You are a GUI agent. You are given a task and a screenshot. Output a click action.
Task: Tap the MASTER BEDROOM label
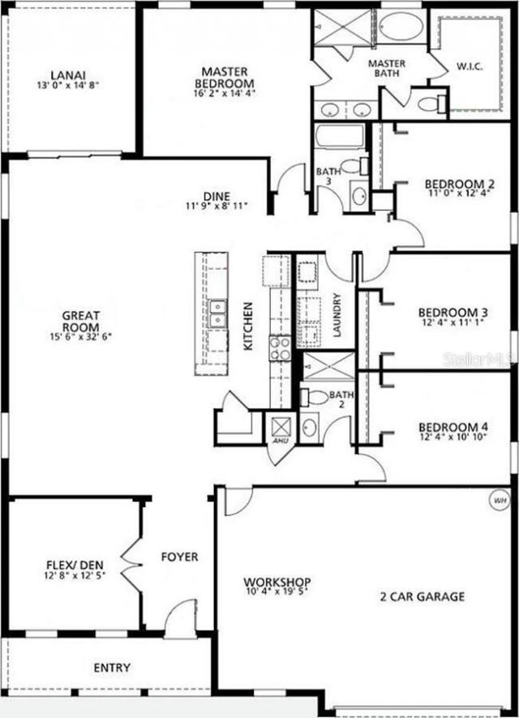(223, 77)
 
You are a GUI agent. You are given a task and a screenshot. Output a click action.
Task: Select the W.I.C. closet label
(470, 66)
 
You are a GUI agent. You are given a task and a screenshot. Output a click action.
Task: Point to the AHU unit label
(281, 442)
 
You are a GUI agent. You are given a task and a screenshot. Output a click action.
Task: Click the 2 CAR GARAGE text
(422, 597)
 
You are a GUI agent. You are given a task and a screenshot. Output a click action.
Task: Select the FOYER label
(179, 558)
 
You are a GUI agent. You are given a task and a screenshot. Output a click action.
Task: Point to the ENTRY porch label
(112, 668)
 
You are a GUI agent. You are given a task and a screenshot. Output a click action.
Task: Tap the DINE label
(217, 195)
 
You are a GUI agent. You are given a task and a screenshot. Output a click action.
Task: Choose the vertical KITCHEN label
(249, 326)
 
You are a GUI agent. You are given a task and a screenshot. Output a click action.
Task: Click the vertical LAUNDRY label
(337, 314)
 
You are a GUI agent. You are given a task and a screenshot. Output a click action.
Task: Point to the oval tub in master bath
(401, 27)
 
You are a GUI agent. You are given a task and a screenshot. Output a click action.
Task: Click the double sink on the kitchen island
(217, 314)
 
